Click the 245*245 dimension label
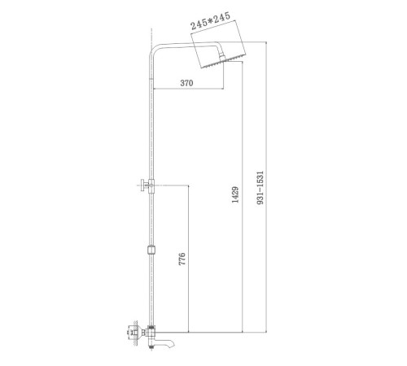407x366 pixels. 210,20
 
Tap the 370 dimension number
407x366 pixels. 186,83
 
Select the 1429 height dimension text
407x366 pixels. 235,194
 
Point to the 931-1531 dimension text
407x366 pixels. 260,188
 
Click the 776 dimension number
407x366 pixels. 182,259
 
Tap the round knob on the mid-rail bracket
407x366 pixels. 142,185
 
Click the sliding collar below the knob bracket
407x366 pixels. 151,250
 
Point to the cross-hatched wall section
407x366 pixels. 135,333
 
